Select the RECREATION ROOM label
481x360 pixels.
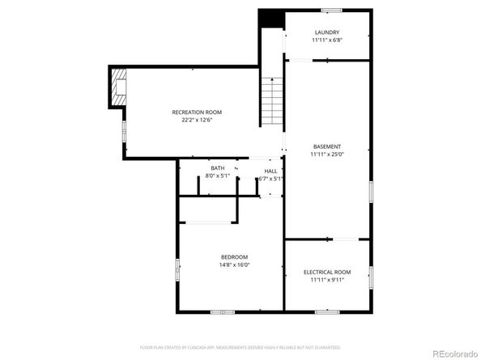(196, 112)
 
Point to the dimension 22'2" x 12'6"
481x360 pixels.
(196, 120)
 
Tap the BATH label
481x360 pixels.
(217, 167)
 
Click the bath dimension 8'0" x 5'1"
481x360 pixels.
(217, 175)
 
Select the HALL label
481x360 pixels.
(270, 171)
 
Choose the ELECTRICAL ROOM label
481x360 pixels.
(326, 272)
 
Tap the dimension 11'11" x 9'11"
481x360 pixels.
(326, 280)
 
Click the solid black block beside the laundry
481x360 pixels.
(270, 19)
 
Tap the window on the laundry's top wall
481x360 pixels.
(330, 11)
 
